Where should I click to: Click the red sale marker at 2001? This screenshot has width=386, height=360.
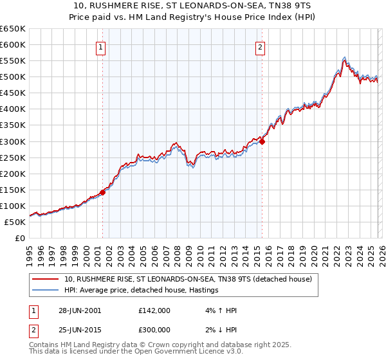click(102, 192)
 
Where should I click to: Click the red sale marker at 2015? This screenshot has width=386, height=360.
click(262, 141)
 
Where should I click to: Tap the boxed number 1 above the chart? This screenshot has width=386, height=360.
click(102, 46)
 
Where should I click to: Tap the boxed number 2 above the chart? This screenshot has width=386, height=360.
click(261, 46)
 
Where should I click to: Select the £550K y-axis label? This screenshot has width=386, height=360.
click(13, 61)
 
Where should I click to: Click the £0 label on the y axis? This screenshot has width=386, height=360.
click(19, 238)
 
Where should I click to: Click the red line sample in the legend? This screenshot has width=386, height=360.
click(45, 280)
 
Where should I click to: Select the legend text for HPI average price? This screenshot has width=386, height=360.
click(142, 291)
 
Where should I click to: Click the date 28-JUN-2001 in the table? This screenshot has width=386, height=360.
click(80, 310)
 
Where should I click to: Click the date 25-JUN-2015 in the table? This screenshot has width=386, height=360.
click(80, 330)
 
